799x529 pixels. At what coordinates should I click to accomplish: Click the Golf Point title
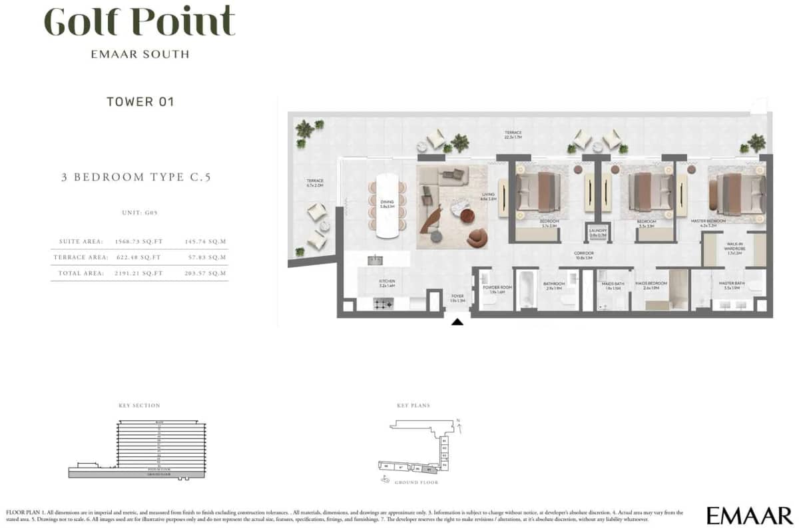tap(139, 23)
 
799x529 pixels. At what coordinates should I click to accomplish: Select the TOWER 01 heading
tap(140, 102)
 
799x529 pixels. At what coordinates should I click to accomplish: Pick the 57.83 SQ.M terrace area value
tap(207, 257)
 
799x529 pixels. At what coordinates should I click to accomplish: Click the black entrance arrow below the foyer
tap(457, 322)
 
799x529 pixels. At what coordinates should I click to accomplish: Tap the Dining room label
tap(387, 203)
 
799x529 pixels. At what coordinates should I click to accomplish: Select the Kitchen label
tap(387, 282)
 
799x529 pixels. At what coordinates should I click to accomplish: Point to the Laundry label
tap(597, 233)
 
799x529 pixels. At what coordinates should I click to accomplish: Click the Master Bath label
tap(731, 284)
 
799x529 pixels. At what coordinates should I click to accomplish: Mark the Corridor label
tap(584, 255)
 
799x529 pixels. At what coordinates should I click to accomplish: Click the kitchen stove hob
tap(383, 304)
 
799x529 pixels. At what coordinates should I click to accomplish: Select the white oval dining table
tap(387, 205)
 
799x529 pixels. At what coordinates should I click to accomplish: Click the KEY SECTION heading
tap(138, 405)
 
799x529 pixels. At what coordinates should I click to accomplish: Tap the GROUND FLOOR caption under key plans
tap(417, 482)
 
